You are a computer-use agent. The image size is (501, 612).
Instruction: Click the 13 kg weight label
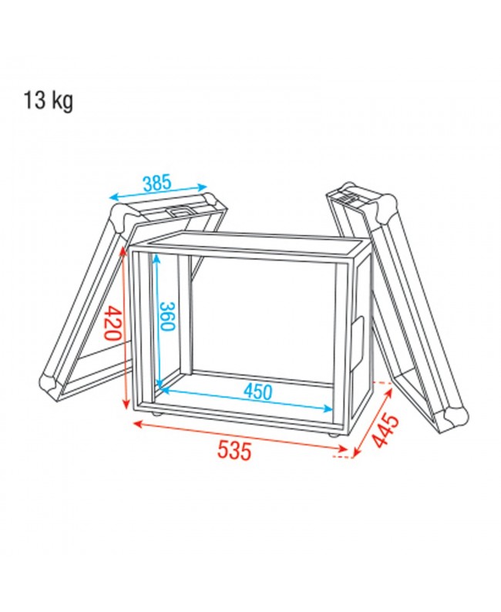tap(49, 101)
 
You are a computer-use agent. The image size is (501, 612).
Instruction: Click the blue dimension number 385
tap(157, 183)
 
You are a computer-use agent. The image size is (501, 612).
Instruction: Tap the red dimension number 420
tap(114, 323)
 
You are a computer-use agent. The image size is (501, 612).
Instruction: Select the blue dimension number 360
tap(166, 317)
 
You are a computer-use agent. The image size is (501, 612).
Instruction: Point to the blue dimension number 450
tap(257, 391)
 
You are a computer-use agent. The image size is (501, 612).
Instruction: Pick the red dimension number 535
tap(234, 450)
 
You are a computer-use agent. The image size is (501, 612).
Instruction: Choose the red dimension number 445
tap(385, 431)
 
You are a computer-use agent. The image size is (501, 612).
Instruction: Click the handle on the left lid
tap(180, 211)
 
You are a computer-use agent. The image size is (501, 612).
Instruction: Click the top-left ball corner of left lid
tap(122, 217)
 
